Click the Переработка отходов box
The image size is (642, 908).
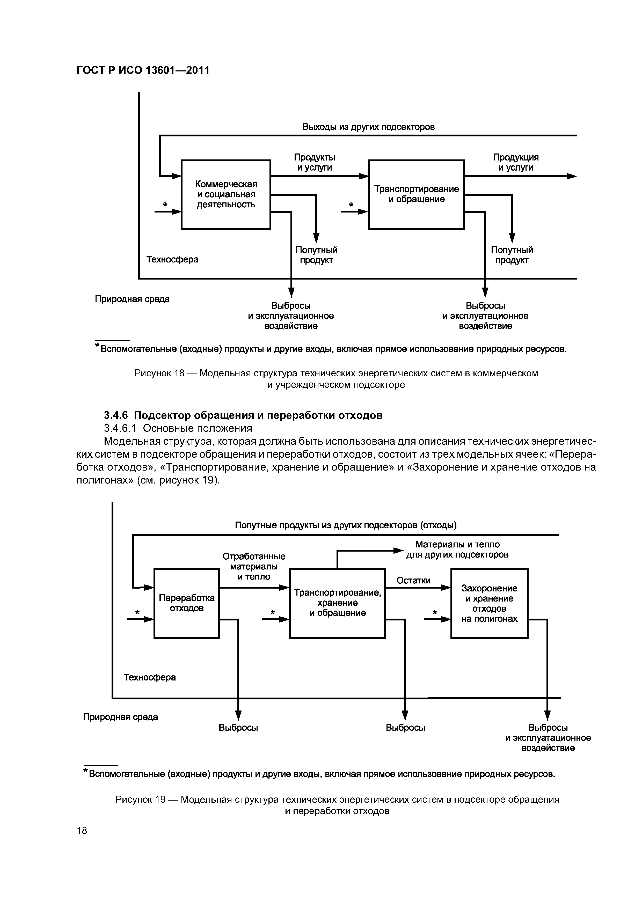click(x=186, y=603)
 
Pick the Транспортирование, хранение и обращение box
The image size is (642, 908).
click(x=337, y=603)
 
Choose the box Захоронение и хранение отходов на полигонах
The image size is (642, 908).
click(x=489, y=603)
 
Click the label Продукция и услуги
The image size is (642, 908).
click(x=515, y=163)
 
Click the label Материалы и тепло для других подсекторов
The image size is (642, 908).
click(x=457, y=550)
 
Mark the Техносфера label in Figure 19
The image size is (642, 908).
click(x=150, y=677)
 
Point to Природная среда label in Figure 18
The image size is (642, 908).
click(x=132, y=299)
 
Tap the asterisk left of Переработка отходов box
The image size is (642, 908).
click(x=138, y=613)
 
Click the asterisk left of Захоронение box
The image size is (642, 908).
click(x=434, y=613)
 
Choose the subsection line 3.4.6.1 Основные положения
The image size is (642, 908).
click(x=178, y=428)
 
